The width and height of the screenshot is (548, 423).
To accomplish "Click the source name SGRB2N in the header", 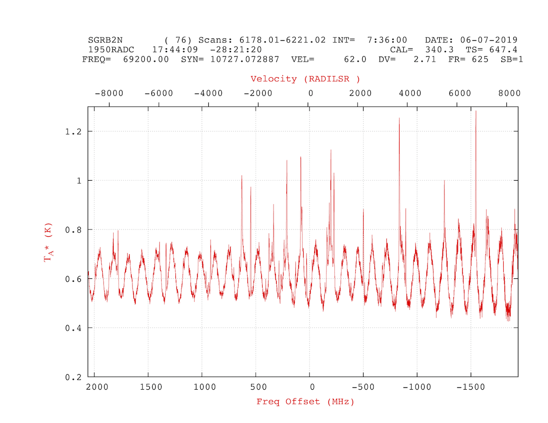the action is [x=105, y=40].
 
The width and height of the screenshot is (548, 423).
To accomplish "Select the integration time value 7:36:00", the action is [x=387, y=40].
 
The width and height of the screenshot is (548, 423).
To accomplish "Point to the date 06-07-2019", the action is [x=489, y=40].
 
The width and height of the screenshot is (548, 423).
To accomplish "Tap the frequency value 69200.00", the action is [x=146, y=59].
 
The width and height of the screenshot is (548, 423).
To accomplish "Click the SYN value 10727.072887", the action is [x=245, y=59].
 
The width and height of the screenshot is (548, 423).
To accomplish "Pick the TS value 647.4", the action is [x=503, y=50].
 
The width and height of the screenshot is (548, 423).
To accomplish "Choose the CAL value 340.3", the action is [x=439, y=50].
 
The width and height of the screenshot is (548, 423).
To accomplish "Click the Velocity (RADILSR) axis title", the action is [x=305, y=79].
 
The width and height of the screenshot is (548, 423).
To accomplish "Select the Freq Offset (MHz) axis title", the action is [x=306, y=402].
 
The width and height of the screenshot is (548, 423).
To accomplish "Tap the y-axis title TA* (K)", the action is [x=48, y=242].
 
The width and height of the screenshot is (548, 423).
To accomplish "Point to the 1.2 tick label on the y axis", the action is [x=74, y=131].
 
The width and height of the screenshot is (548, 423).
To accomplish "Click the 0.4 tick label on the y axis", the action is [x=74, y=328].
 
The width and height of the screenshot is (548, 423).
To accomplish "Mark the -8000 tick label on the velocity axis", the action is [x=109, y=94].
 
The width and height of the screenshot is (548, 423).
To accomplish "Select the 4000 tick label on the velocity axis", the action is [x=410, y=94].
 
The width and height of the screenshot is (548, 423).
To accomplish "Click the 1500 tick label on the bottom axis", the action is [x=151, y=387].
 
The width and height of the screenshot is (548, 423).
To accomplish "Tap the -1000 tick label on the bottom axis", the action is [x=417, y=387].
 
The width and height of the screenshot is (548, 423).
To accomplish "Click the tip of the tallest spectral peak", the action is [x=476, y=111].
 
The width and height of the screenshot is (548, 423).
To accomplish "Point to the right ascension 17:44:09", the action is [x=175, y=50].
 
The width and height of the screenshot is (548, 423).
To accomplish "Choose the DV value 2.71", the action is [x=425, y=59].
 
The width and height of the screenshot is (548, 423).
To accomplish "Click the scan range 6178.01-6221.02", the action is [x=282, y=40].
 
